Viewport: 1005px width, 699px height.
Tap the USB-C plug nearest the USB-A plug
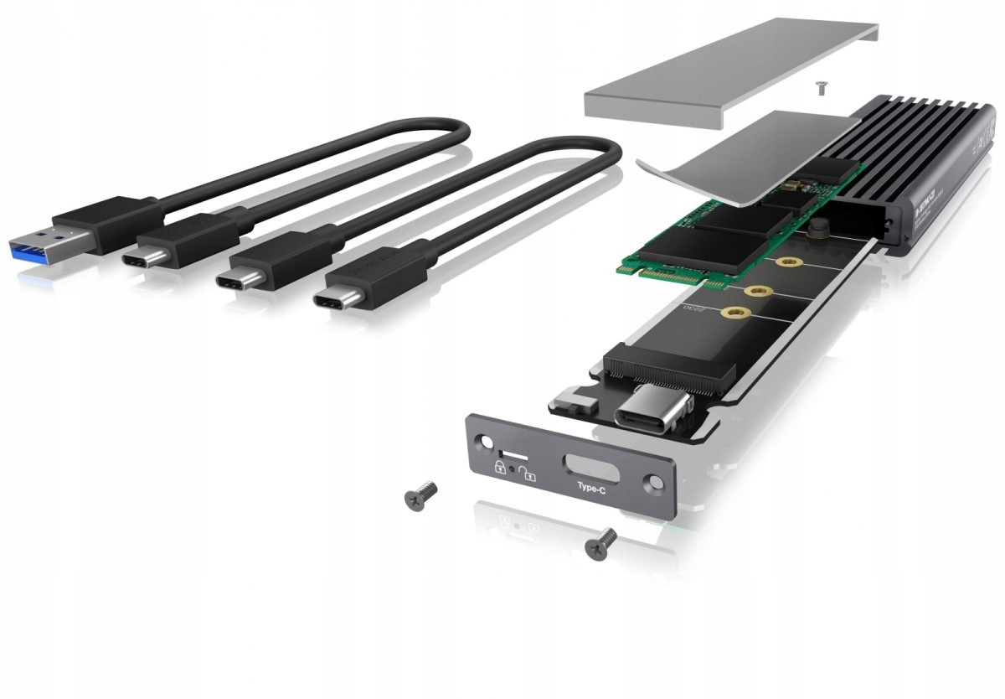click(147, 256)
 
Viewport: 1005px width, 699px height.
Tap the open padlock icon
click(528, 474)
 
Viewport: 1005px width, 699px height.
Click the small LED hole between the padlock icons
click(513, 465)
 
